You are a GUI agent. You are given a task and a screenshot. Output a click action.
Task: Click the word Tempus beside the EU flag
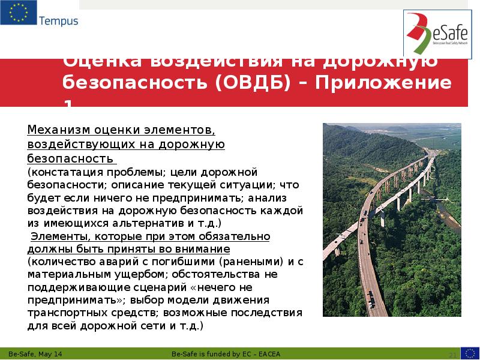[x=59, y=21]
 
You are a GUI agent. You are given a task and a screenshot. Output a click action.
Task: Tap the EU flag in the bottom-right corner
[x=469, y=352]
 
